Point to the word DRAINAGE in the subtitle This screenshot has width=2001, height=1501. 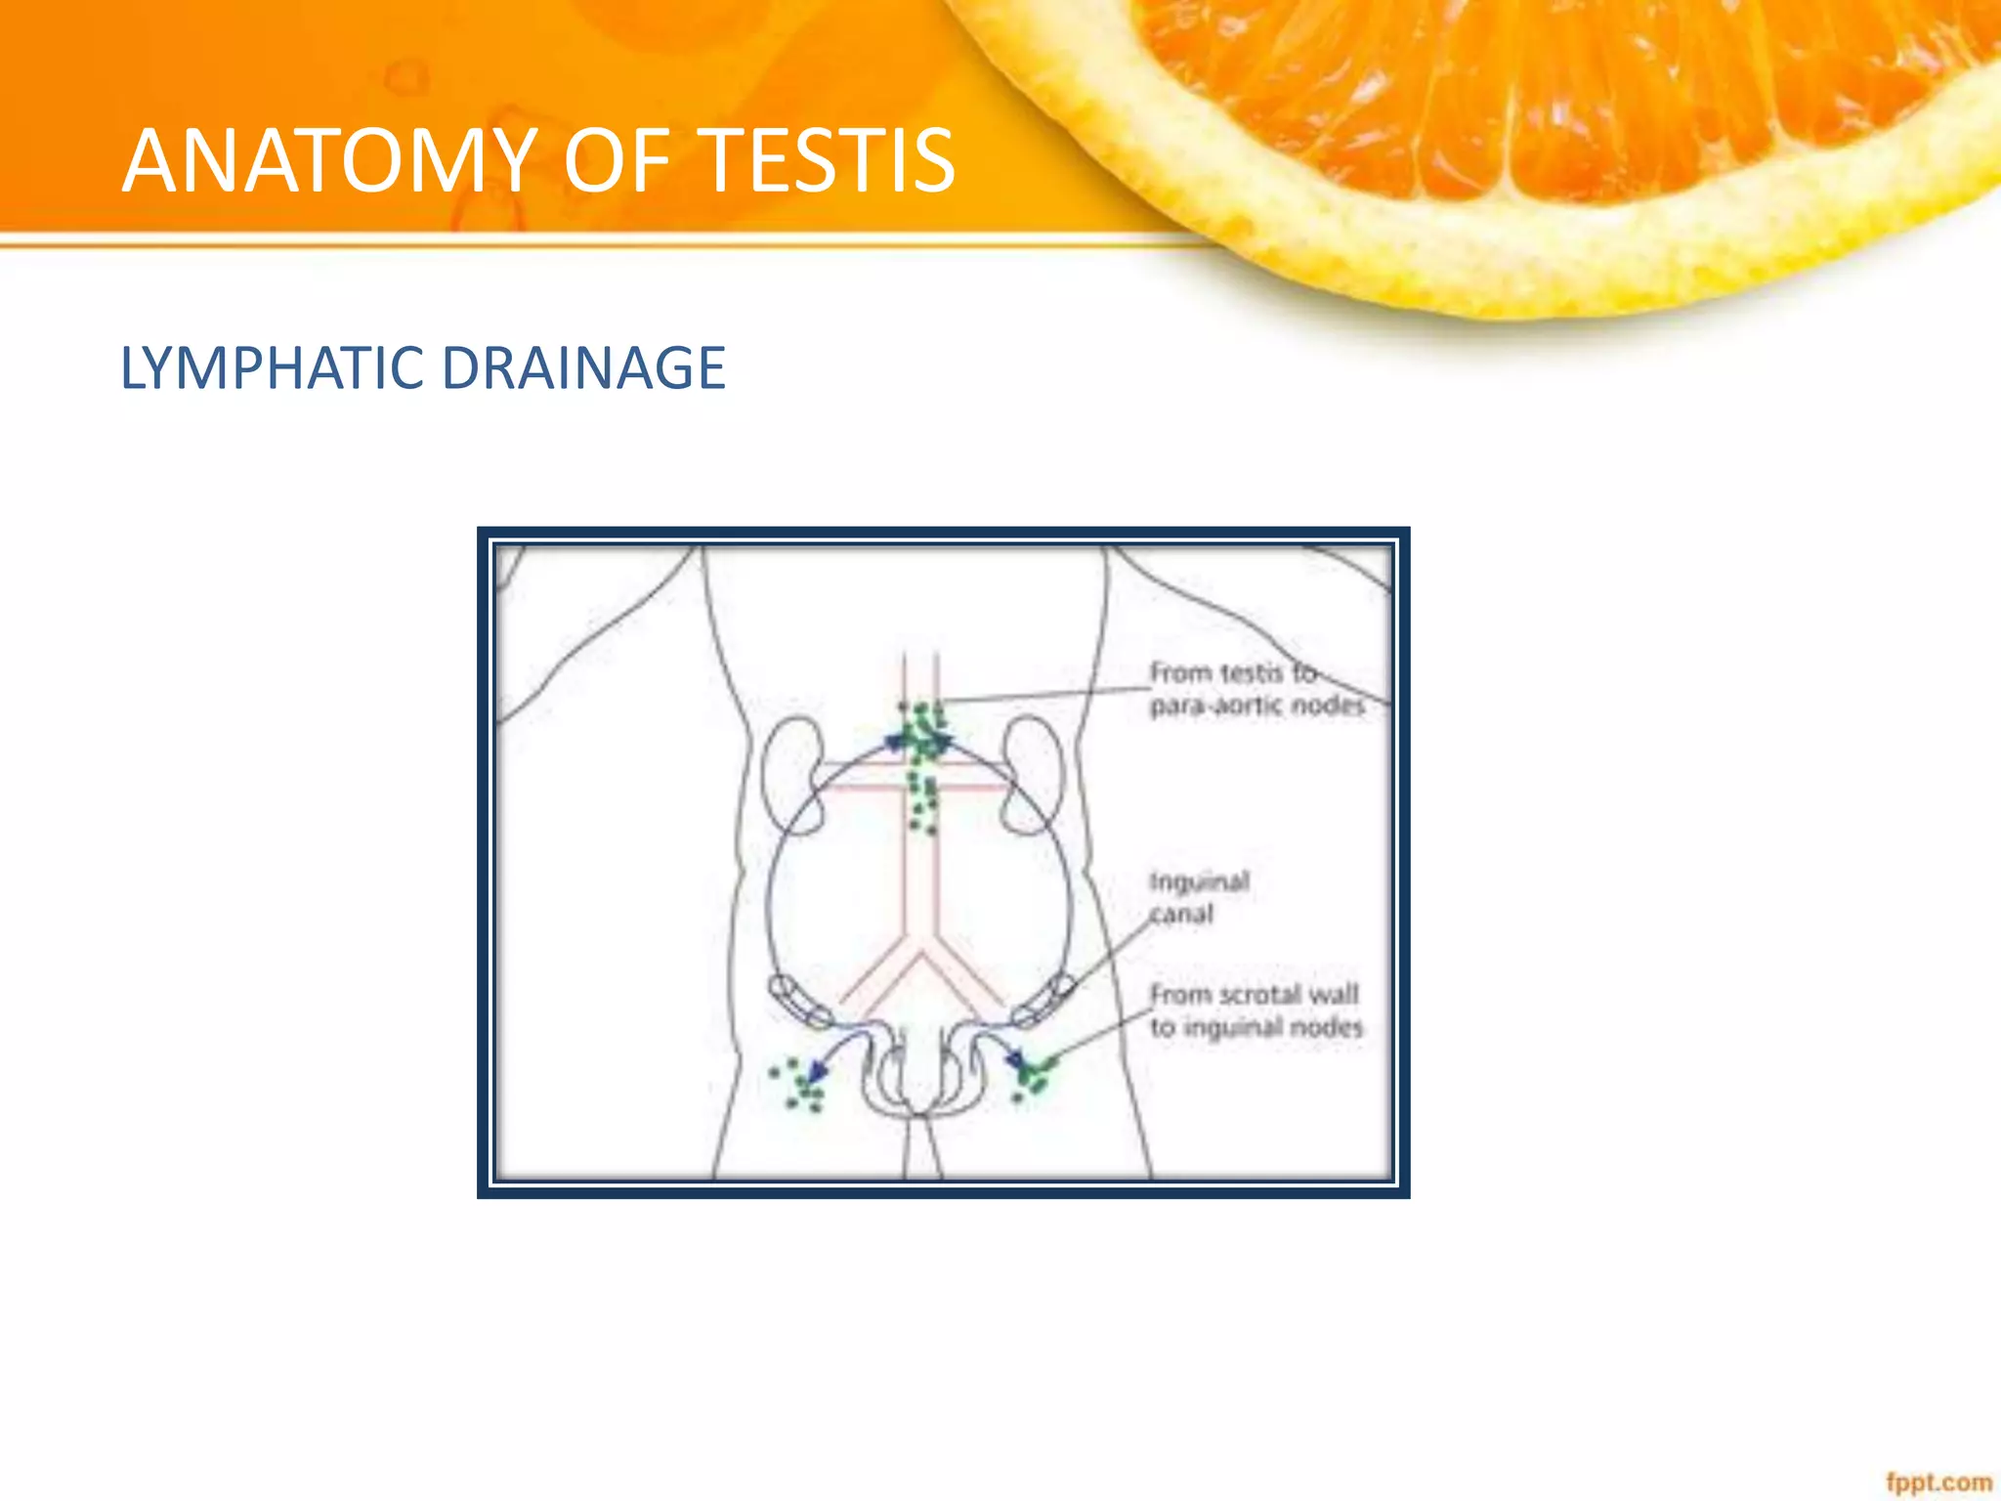click(x=583, y=368)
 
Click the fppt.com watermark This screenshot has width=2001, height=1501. click(x=1938, y=1481)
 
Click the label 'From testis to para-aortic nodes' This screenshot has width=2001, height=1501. click(x=1256, y=689)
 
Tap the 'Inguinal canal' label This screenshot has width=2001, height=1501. click(x=1198, y=897)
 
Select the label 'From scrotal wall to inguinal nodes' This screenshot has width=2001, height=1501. click(x=1256, y=1010)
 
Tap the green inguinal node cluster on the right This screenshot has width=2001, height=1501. click(x=1032, y=1075)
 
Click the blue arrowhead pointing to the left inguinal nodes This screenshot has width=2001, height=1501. click(x=817, y=1072)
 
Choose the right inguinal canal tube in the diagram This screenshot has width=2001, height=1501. click(x=1042, y=1001)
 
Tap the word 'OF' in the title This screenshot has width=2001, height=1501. click(x=617, y=160)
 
